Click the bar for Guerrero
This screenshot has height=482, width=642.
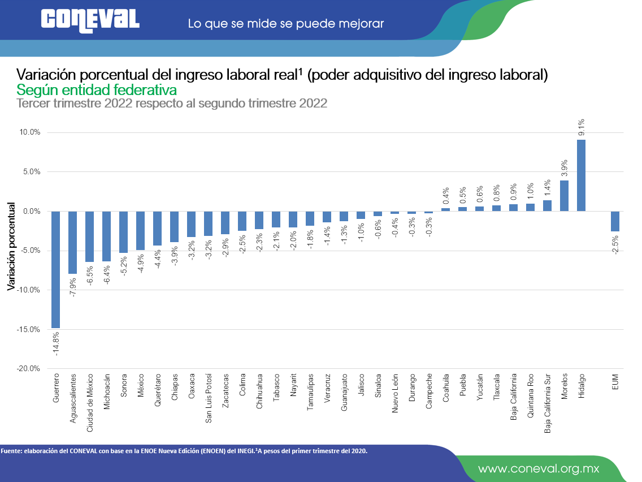[55, 269]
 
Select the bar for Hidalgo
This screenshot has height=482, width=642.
[581, 175]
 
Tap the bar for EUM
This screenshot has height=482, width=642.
[615, 221]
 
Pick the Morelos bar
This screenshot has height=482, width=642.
[564, 196]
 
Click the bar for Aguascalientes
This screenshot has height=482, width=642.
[72, 242]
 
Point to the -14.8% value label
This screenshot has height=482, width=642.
[56, 343]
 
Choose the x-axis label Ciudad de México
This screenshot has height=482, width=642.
[90, 403]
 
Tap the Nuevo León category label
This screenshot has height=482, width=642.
[395, 393]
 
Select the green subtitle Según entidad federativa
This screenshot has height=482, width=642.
[97, 90]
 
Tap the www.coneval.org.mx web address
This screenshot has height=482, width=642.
[539, 468]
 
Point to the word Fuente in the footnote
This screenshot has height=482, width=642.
[11, 451]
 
